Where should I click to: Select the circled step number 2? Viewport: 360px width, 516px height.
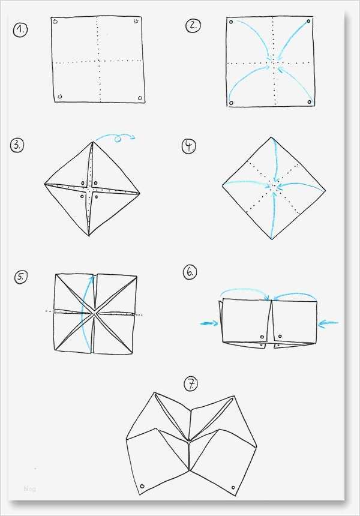193,25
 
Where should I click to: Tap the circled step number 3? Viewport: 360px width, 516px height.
17,145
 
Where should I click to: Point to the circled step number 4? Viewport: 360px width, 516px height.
190,146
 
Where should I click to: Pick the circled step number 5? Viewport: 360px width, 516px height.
22,276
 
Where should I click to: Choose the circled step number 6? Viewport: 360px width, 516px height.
190,272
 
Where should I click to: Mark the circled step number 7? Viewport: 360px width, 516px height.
192,383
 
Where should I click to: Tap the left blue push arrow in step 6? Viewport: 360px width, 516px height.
209,323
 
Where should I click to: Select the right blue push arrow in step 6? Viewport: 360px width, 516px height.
328,323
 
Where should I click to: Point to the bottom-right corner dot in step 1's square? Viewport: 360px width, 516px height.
140,98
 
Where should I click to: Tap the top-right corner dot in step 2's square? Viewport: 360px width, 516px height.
308,22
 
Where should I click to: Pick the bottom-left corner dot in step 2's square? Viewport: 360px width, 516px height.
232,103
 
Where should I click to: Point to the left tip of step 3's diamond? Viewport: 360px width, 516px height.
44,184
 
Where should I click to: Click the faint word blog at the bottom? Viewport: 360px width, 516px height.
30,489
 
